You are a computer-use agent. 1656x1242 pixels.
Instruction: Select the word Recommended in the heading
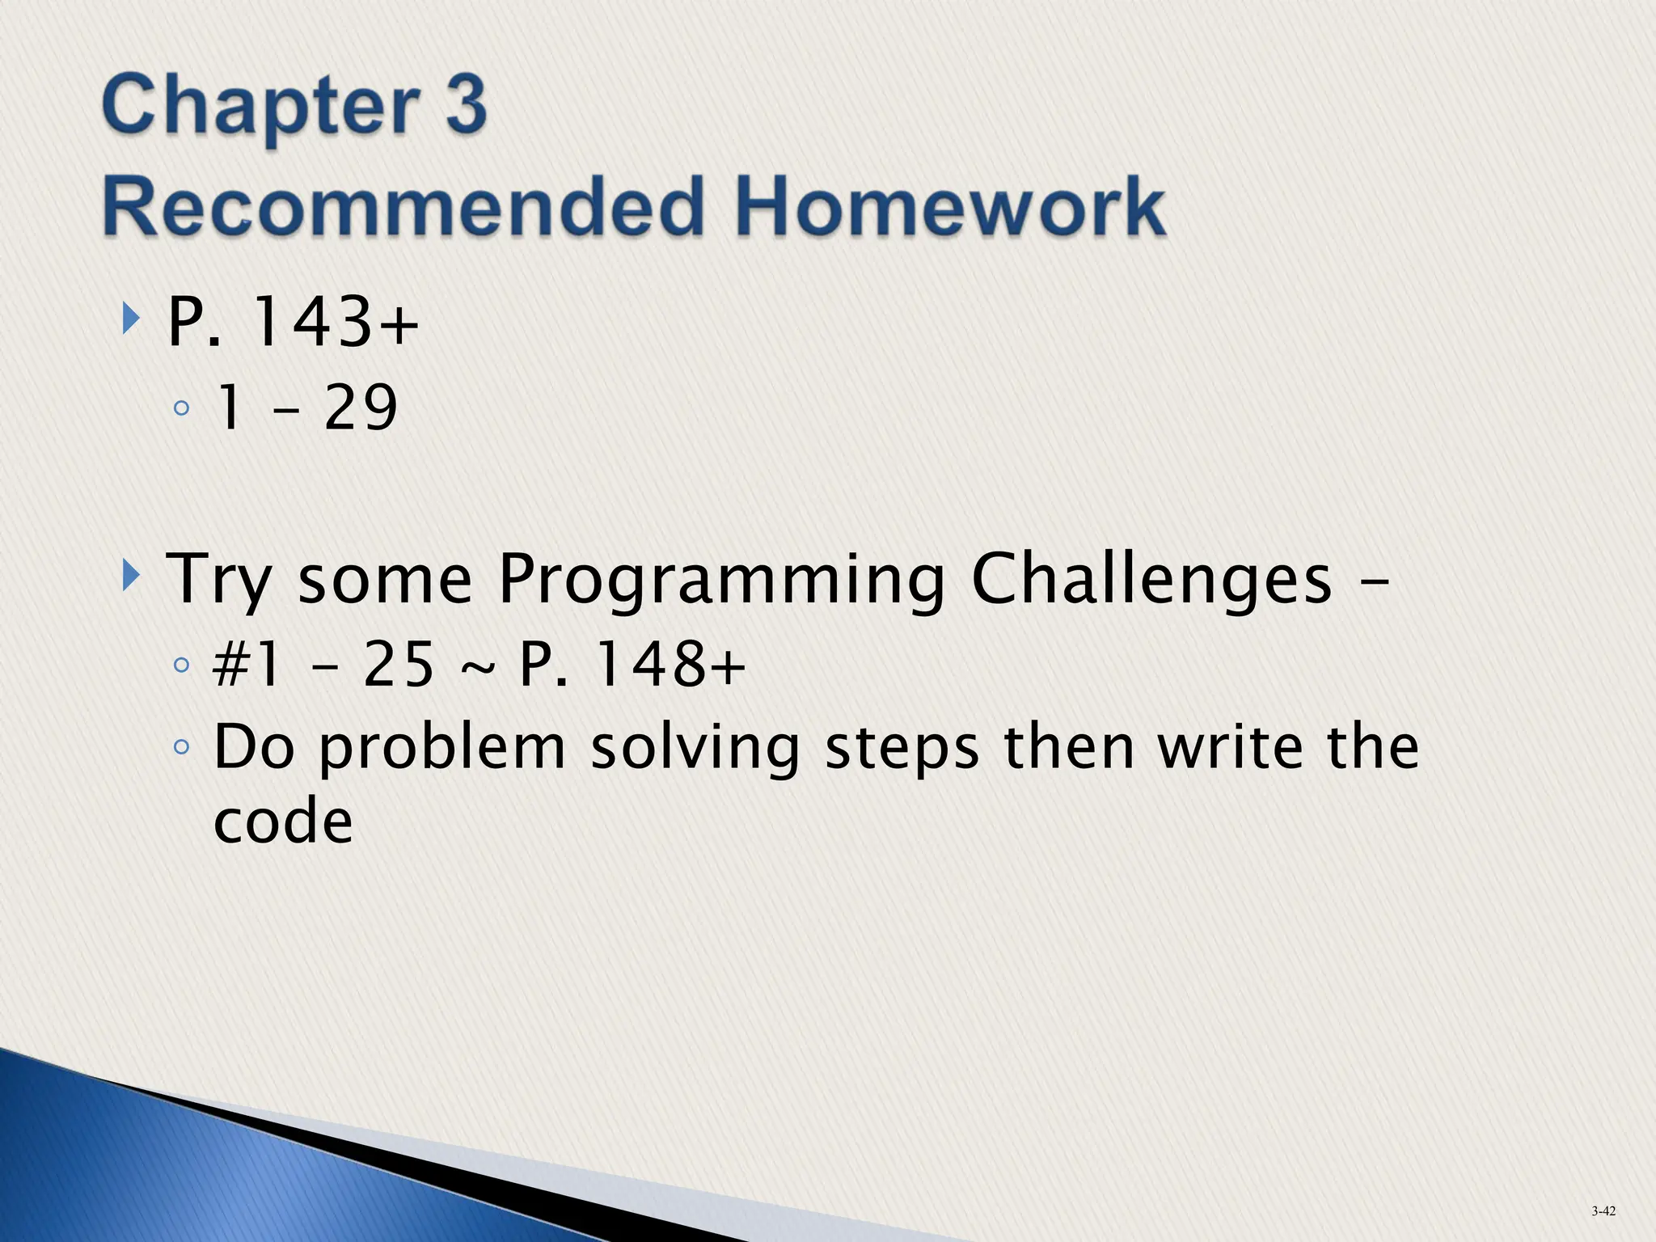click(401, 207)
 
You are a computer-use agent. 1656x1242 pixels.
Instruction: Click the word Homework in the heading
click(950, 207)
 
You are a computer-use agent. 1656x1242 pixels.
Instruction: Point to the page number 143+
click(335, 323)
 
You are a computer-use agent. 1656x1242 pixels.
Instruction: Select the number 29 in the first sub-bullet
click(361, 408)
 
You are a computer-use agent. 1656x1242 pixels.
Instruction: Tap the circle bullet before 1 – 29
click(181, 408)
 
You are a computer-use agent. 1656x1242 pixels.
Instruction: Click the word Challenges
click(1151, 580)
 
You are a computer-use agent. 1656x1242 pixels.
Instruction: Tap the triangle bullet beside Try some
click(130, 577)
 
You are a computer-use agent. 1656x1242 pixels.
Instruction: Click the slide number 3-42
click(1603, 1210)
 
